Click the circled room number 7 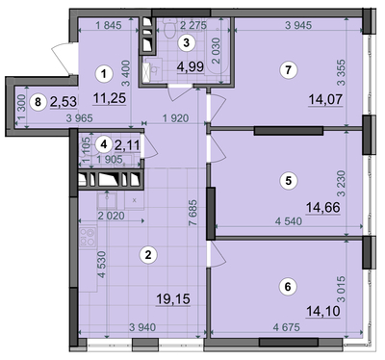pos(288,69)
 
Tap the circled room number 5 pos(289,181)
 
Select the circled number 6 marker pos(288,286)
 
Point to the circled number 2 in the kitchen pos(148,255)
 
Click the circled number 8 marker pos(38,102)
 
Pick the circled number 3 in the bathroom pos(187,42)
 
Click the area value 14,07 pos(325,99)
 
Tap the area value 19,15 pos(173,299)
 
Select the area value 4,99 pos(191,66)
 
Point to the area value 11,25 pos(110,98)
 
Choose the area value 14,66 pos(323,208)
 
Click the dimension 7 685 pos(192,213)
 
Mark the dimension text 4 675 pos(287,327)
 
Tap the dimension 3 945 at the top pos(298,25)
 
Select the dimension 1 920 pos(175,118)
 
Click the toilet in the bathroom pos(169,28)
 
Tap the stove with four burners pos(88,238)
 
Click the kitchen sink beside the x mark pos(107,200)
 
